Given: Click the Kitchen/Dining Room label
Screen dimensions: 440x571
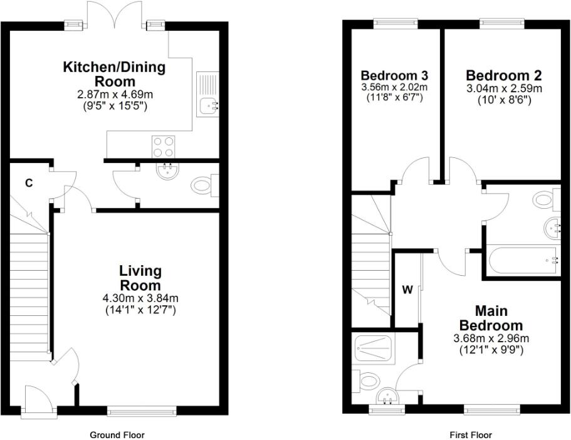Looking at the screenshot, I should coord(114,74).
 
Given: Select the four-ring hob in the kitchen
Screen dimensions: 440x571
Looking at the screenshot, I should coord(163,146).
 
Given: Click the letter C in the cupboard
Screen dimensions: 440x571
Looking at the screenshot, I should coord(28,183).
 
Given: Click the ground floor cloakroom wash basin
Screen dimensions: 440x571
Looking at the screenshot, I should coord(167,171).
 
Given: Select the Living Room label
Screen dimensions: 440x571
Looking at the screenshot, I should coord(140,278).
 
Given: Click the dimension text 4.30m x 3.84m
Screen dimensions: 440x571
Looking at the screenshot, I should coord(140,298).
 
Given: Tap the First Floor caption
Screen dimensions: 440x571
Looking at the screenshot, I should coord(471,434).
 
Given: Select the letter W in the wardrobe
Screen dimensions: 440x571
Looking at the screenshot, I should coord(407,290).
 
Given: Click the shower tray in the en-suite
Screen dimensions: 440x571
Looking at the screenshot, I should coord(375,347).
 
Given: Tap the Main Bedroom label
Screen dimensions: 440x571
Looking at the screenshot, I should coord(491,318).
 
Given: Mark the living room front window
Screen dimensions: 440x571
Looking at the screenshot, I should coord(142,411).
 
